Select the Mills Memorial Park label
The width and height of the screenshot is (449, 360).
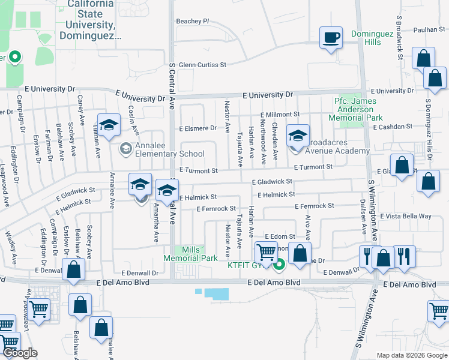[x=191, y=253]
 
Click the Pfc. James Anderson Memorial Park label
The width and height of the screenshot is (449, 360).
[x=358, y=109]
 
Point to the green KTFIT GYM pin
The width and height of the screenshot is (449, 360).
[x=279, y=263]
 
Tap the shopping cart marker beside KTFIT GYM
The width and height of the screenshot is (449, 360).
[x=266, y=253]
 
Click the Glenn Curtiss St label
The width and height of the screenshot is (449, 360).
[x=202, y=65]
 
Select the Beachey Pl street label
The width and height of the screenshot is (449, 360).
[x=192, y=21]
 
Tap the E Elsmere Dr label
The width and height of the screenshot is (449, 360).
[x=197, y=128]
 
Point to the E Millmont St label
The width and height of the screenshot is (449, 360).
[x=280, y=115]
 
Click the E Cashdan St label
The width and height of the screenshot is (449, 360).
[x=393, y=127]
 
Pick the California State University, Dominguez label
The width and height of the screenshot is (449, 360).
[x=91, y=19]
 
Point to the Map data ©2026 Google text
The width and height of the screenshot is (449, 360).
[x=412, y=355]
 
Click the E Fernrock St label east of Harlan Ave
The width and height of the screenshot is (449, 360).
[x=314, y=206]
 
